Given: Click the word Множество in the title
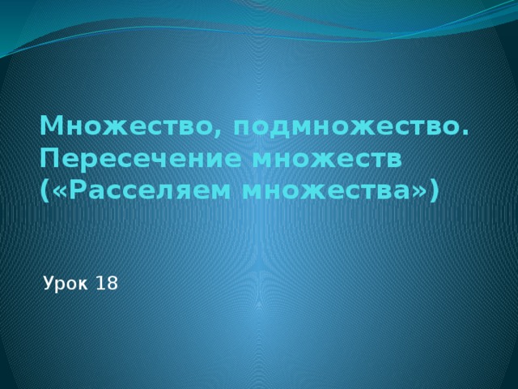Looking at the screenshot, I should pos(125,127).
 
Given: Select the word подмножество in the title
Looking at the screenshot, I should pos(341,127).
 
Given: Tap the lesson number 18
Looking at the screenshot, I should pos(107,284).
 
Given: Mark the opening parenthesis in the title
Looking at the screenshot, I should pos(43,192).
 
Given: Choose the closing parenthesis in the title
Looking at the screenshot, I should pos(435,192).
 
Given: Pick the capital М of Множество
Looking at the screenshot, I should pos(50,127).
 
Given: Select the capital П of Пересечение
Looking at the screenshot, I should pos(49,159).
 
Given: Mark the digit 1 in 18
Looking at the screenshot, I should pos(100,284).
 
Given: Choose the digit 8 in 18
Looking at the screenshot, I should pos(112,284).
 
